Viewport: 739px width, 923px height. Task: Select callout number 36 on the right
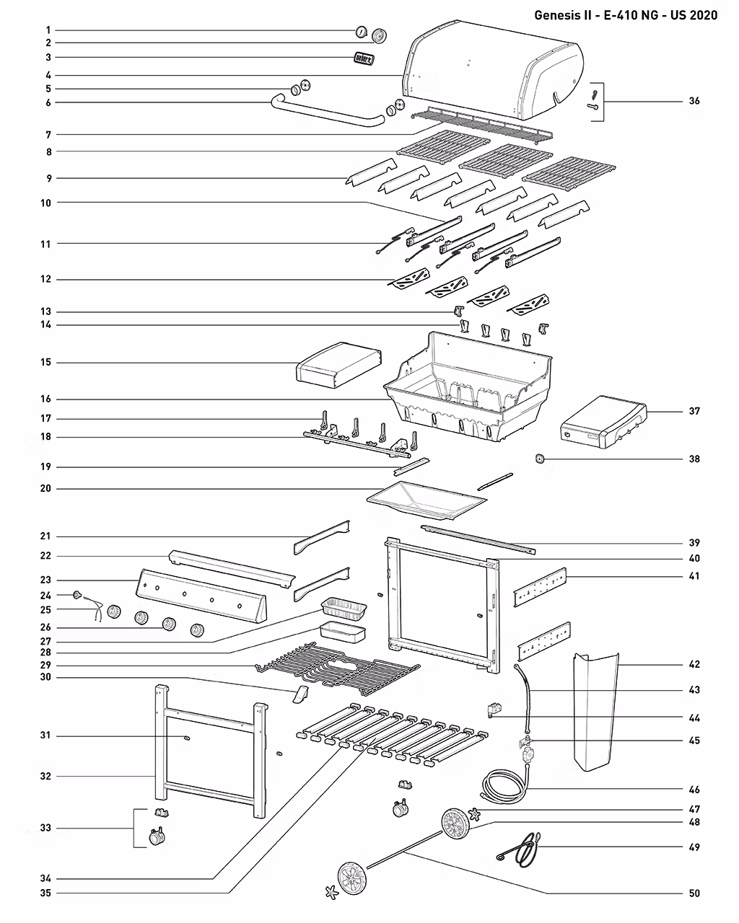(694, 101)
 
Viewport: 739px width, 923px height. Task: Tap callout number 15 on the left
(45, 362)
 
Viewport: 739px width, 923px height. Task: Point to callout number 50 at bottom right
(694, 893)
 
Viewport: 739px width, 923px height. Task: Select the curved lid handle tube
(325, 115)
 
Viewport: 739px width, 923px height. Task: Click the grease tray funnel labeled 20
(426, 500)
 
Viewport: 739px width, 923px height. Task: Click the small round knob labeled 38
(538, 459)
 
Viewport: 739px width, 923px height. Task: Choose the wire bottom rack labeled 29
(336, 665)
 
